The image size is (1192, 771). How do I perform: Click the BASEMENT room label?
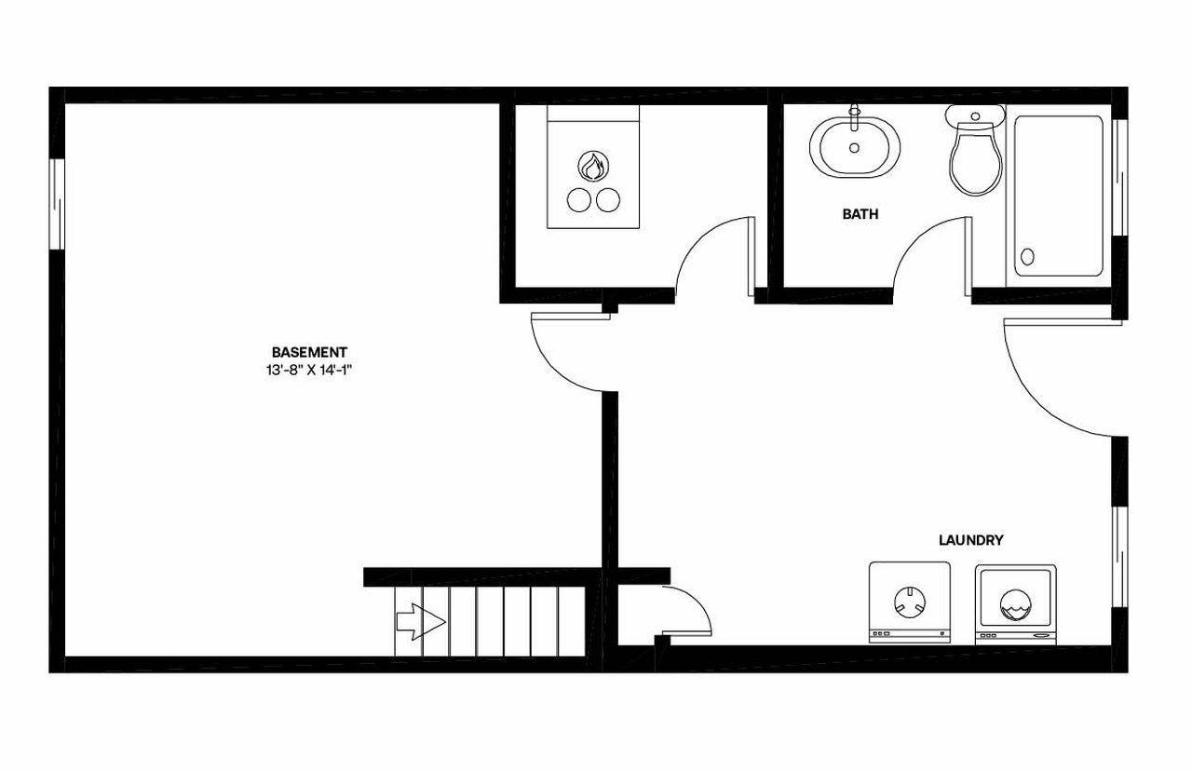[x=309, y=353]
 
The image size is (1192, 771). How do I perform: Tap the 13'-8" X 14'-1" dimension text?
[x=309, y=370]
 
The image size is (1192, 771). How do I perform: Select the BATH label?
[x=860, y=214]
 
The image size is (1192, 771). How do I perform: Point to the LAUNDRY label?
[x=970, y=540]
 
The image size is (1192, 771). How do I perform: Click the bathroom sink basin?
[x=855, y=149]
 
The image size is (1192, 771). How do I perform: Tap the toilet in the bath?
[x=975, y=162]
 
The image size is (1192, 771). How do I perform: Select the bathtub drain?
[x=1028, y=256]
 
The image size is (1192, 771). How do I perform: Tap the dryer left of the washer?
[x=910, y=602]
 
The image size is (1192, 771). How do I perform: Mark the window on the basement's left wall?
[x=57, y=204]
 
